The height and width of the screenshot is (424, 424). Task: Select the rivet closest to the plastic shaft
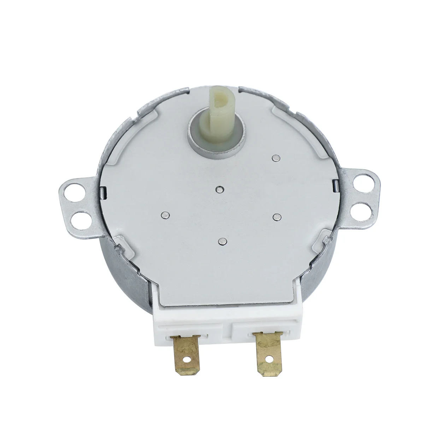(276, 158)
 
